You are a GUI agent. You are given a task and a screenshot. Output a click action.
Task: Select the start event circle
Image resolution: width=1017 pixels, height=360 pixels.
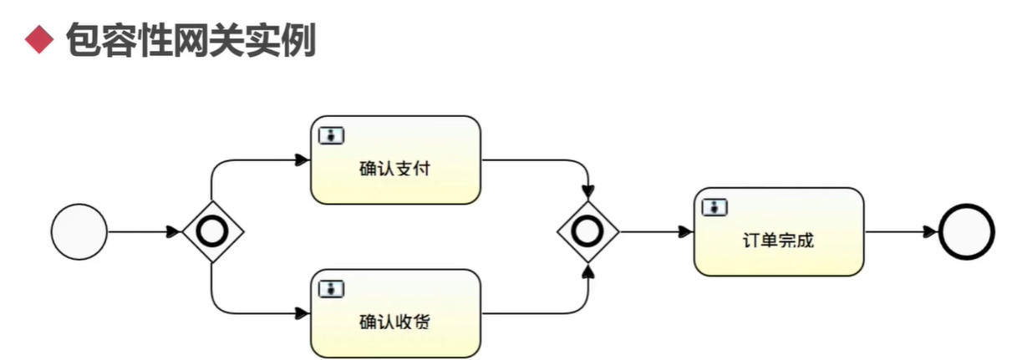pos(79,231)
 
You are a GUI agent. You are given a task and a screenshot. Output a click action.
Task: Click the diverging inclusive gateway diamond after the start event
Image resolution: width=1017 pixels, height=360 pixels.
pos(212,231)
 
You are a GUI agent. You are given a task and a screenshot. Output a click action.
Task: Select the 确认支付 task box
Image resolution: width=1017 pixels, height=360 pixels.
pos(395,160)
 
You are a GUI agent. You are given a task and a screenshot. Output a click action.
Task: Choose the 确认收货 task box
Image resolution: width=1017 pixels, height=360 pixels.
pos(395,313)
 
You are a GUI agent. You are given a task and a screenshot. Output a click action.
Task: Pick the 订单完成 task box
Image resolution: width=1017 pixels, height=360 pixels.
pos(779,231)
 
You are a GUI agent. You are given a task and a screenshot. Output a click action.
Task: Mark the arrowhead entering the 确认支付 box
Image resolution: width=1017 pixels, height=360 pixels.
pos(303,160)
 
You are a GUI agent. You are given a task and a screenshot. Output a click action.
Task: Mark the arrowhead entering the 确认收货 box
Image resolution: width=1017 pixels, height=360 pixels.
pos(303,313)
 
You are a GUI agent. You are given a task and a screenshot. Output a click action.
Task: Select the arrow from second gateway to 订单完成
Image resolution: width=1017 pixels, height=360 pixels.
pos(656,231)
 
